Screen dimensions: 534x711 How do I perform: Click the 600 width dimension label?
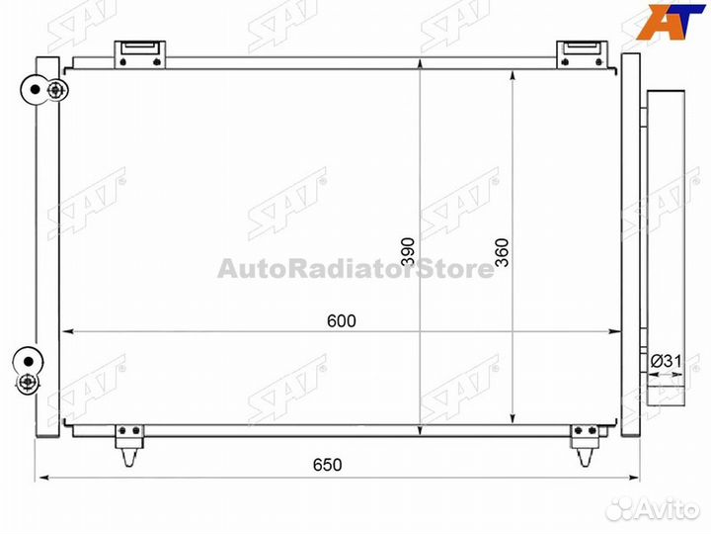[340, 320]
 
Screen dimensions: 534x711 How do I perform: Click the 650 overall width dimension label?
[328, 464]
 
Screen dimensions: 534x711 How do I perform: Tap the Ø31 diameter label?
[667, 361]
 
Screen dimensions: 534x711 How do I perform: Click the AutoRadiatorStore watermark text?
[355, 269]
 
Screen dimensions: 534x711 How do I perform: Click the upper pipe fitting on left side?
[44, 91]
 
